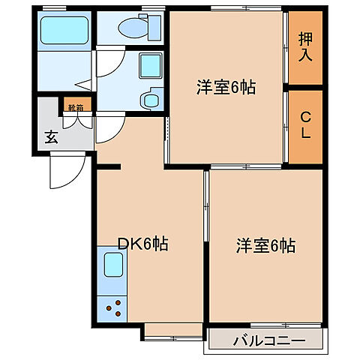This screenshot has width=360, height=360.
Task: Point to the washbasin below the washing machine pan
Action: point(153,98)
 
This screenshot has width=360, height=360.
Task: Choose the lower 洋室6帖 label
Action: point(266,245)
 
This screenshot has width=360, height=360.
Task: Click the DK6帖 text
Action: point(142,244)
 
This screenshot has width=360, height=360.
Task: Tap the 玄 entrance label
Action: point(50,136)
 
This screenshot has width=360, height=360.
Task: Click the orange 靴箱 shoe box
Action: point(76,107)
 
